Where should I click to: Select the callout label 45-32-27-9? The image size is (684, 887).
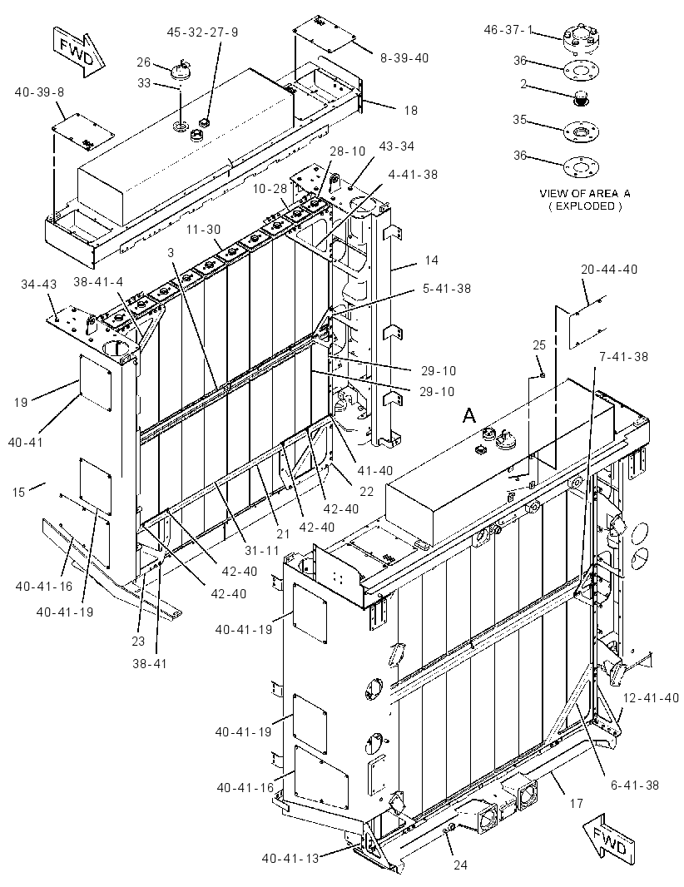coord(202,32)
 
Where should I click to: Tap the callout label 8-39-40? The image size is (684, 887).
coord(404,57)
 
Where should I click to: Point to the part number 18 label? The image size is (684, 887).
coord(411,111)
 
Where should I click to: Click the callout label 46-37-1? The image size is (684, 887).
coord(508,29)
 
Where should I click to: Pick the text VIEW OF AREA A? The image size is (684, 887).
coord(585,193)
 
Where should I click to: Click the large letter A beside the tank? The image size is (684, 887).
coord(469,416)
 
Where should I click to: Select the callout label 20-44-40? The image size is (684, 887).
coord(609,270)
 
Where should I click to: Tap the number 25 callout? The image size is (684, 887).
coord(539,344)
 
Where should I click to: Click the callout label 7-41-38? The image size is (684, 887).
coord(623,357)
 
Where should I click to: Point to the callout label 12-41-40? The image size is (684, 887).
coord(651,698)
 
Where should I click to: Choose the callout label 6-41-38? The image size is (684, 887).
coord(634,785)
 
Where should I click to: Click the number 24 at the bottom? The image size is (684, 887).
coord(460,865)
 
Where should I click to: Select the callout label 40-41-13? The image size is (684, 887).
coord(290,858)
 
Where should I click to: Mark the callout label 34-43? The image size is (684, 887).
coord(39,284)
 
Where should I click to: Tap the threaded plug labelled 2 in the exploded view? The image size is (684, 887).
coord(581,98)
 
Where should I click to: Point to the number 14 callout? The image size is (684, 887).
coord(432,260)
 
